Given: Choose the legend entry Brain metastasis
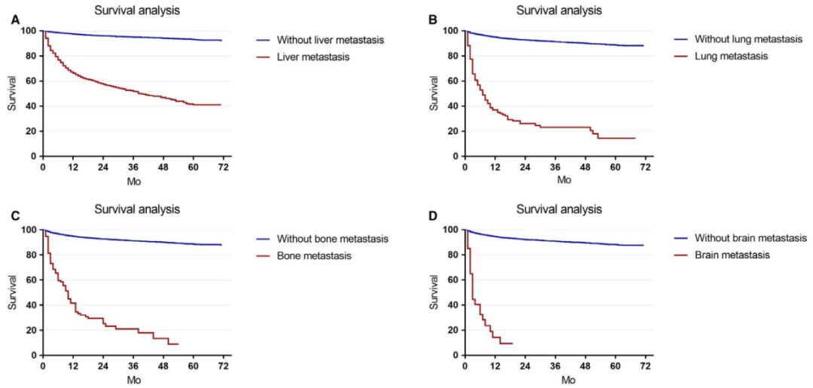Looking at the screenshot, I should click(732, 255).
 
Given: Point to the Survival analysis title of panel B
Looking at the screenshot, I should click(559, 11).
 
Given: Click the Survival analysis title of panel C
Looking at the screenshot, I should click(136, 209).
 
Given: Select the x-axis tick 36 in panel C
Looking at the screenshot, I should click(133, 367).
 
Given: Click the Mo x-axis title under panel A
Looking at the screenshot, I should click(133, 181).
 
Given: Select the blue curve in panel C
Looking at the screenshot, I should click(133, 240).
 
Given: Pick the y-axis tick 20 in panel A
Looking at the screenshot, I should click(29, 131).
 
